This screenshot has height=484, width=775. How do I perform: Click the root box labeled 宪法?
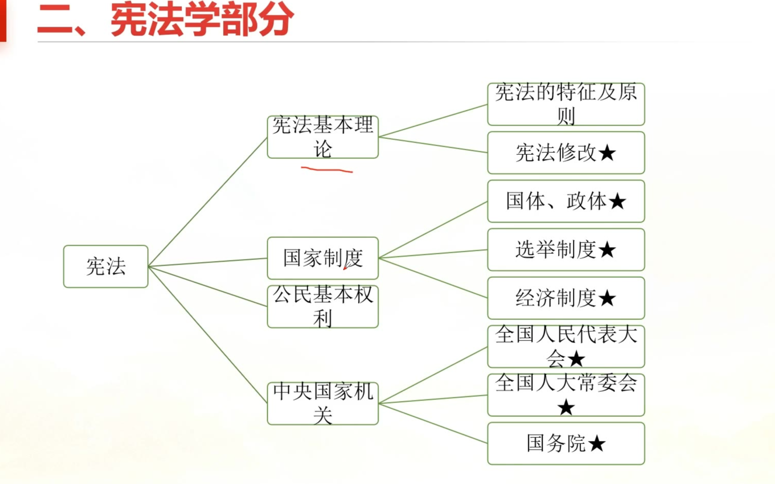106,267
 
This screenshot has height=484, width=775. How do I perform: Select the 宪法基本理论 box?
323,137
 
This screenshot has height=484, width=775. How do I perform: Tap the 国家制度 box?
323,258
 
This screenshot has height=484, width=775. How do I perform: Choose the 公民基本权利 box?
323,307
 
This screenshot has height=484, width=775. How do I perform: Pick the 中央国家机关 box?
323,404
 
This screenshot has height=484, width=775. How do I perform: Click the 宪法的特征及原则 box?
566,104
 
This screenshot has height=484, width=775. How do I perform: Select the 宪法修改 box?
566,153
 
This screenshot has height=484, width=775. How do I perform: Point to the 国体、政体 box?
566,201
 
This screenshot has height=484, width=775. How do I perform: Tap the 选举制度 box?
566,250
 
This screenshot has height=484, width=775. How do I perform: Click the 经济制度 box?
566,298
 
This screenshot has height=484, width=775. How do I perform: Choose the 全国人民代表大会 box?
566,347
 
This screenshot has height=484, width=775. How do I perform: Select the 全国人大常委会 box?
566,395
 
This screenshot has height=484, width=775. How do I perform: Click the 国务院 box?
566,443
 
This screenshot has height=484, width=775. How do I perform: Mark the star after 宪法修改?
607,153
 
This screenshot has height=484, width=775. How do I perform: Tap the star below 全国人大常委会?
566,408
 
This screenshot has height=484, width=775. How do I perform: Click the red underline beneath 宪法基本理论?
327,169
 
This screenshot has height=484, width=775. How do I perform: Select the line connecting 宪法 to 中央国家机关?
208,335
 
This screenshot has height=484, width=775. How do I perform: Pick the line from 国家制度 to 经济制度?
433,278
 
